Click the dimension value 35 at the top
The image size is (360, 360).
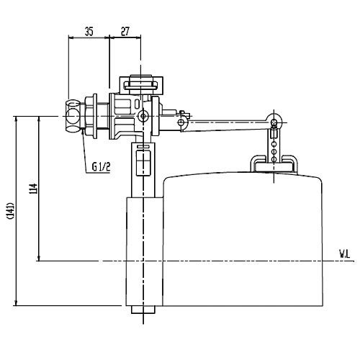coord(89,31)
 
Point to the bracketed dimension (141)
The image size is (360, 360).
coord(9,210)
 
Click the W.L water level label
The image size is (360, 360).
coord(345,253)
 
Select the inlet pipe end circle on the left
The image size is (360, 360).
coord(70,115)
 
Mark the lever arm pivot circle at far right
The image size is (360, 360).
coord(274,120)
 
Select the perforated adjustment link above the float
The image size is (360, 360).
coord(274,144)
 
